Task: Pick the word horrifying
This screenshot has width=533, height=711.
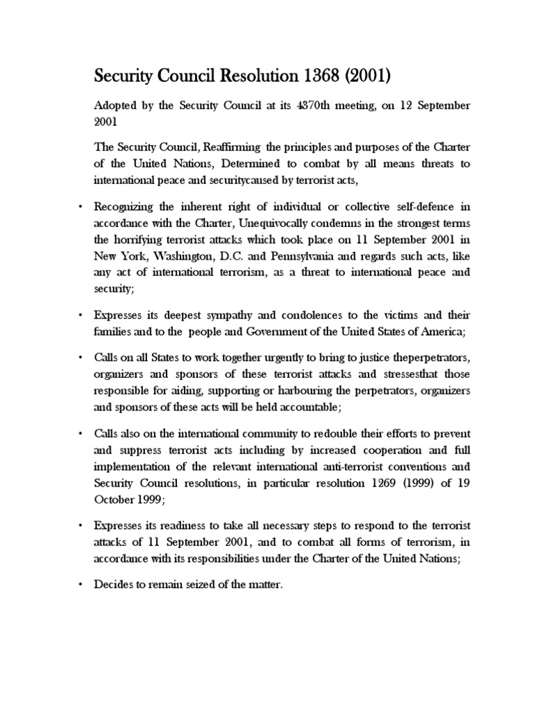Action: (151, 222)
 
